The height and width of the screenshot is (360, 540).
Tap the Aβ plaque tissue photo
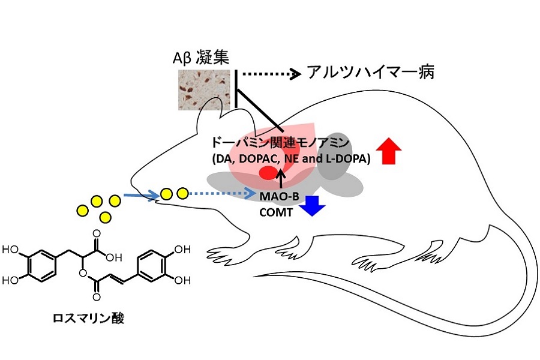(204, 90)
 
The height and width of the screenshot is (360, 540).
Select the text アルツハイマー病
(371, 73)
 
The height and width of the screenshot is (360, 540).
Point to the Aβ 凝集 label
(201, 58)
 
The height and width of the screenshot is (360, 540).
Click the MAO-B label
(279, 196)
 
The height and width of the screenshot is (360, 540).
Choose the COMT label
(276, 212)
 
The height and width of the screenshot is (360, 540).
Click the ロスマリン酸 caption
(88, 318)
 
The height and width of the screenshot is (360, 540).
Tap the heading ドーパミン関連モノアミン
(280, 143)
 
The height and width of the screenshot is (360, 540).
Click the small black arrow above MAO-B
(282, 179)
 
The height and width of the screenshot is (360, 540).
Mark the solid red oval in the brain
(268, 172)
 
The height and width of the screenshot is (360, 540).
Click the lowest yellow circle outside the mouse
(105, 217)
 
